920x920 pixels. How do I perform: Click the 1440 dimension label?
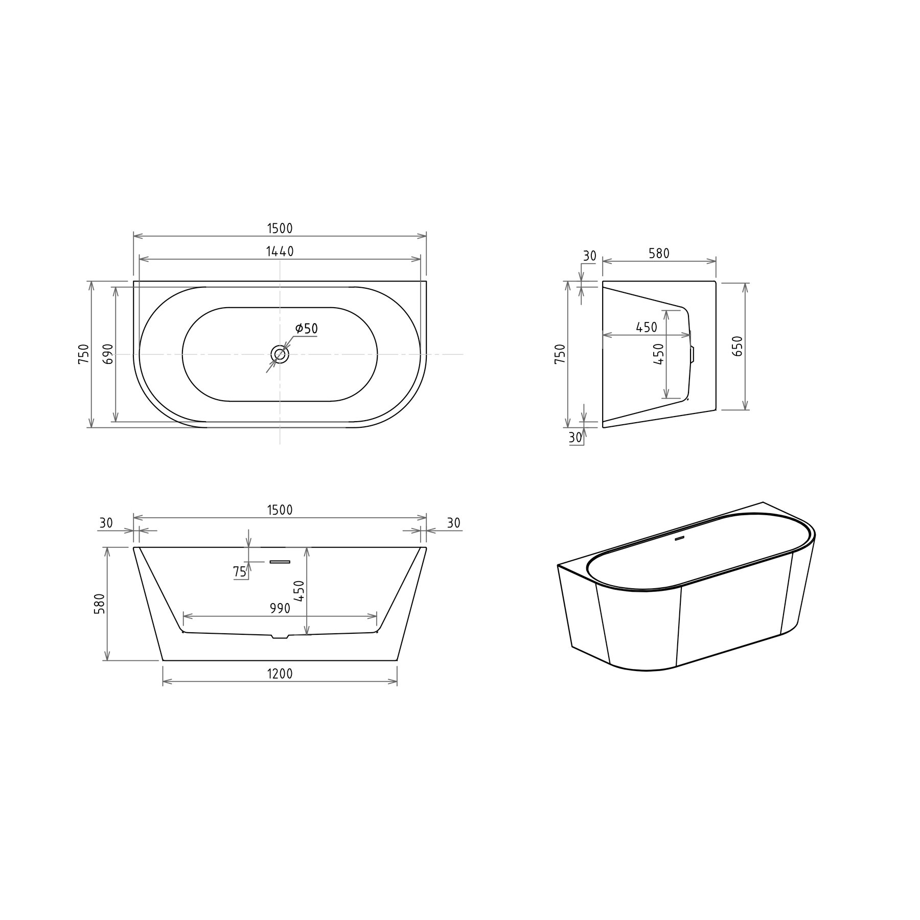(x=280, y=251)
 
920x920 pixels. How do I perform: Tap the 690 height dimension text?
(x=108, y=354)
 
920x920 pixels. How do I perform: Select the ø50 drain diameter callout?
(x=306, y=328)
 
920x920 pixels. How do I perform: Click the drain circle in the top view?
(x=280, y=353)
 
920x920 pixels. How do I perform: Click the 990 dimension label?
(x=280, y=608)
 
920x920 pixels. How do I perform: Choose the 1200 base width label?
(x=280, y=674)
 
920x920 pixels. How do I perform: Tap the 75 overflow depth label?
(x=240, y=572)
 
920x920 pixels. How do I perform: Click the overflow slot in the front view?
(x=280, y=562)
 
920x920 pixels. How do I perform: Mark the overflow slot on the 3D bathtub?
(x=680, y=538)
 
